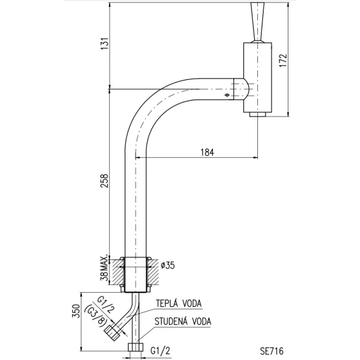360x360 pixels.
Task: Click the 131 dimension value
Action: (x=105, y=44)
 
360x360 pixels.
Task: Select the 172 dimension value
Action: (x=283, y=60)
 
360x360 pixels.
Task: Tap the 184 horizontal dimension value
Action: (x=207, y=152)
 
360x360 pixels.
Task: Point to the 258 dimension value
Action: (x=104, y=181)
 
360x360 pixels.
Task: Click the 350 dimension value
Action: (x=76, y=311)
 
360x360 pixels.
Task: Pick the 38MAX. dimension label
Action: (x=104, y=267)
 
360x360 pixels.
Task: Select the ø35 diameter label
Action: (x=167, y=265)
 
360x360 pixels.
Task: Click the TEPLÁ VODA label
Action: (x=179, y=304)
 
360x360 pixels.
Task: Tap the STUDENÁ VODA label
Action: (x=183, y=321)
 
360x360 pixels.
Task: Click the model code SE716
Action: (x=272, y=351)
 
